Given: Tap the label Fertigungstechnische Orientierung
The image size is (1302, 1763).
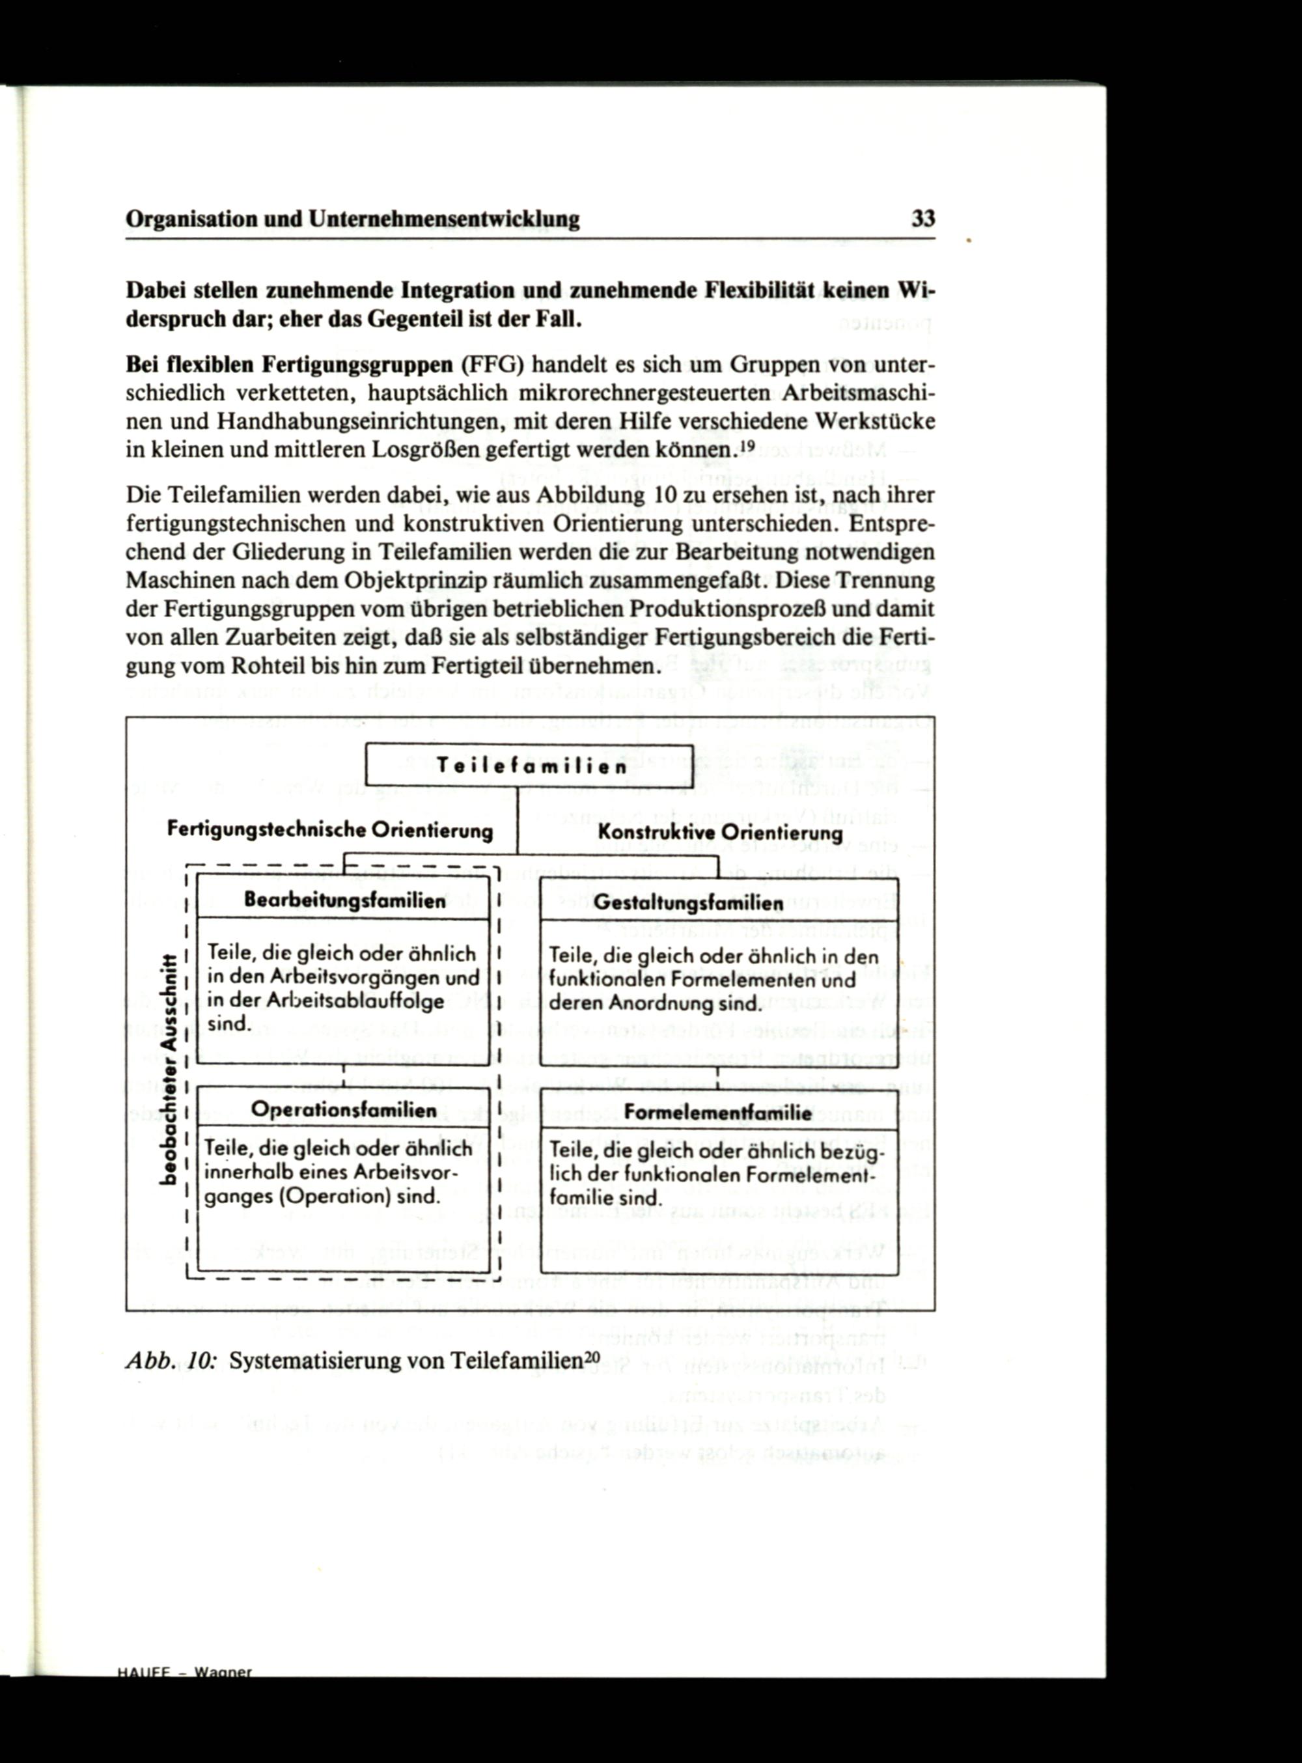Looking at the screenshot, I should [x=330, y=830].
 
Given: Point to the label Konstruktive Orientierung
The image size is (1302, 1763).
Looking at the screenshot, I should [x=719, y=832].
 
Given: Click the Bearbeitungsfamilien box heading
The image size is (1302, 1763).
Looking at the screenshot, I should [x=344, y=900].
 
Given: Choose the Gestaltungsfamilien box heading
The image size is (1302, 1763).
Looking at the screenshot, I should [x=688, y=903].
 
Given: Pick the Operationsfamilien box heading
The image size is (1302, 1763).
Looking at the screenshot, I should [x=344, y=1109].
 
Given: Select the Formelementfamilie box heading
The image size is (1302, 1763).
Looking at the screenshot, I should [x=717, y=1113].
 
